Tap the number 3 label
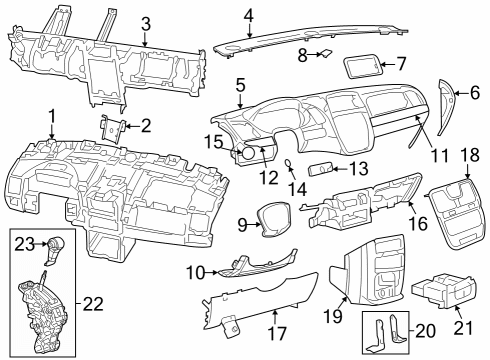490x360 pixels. [146, 23]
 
